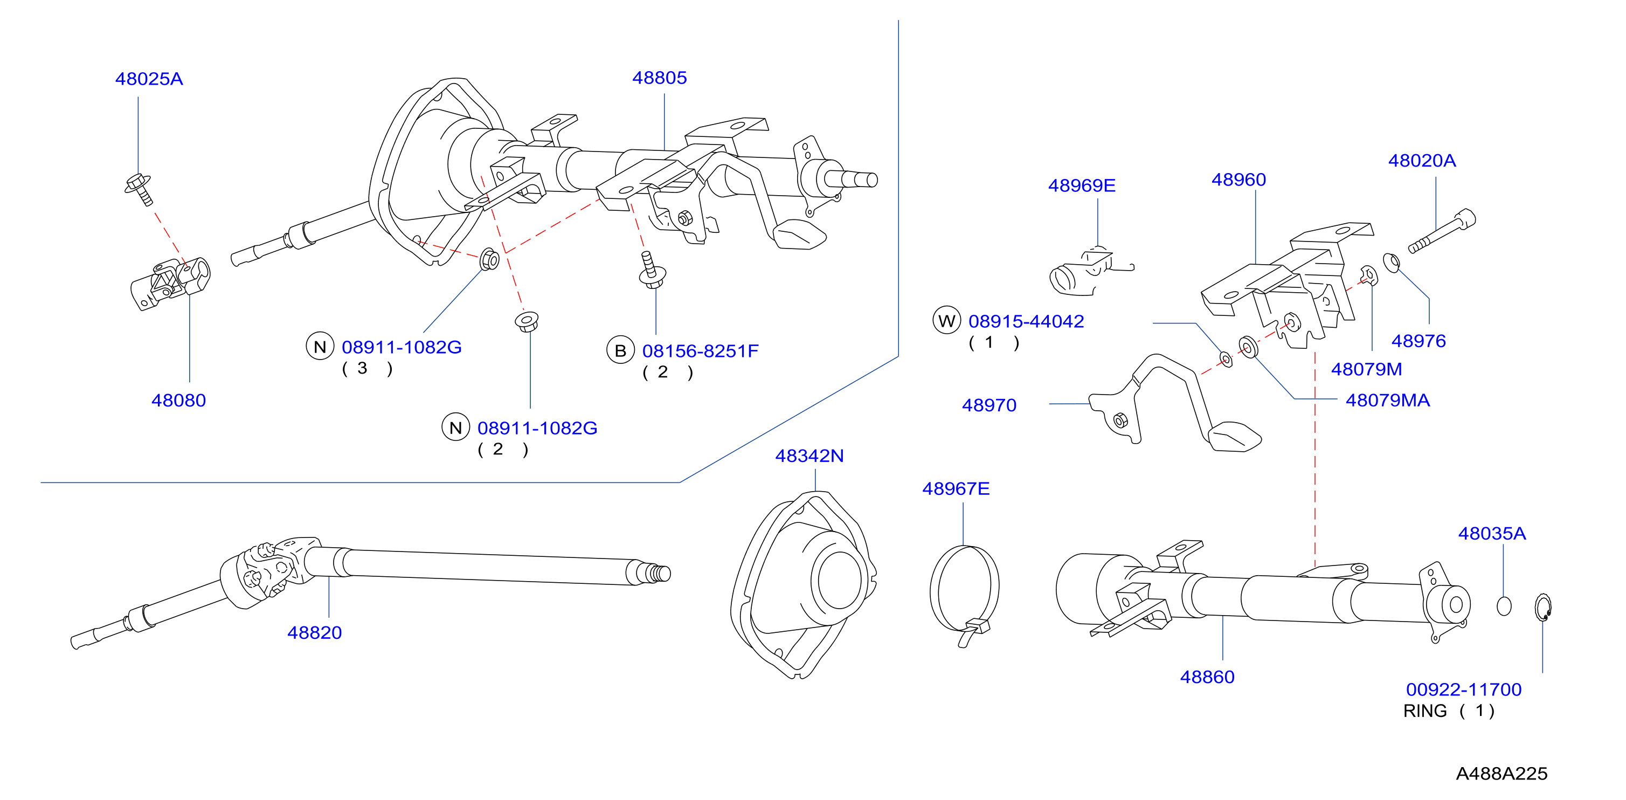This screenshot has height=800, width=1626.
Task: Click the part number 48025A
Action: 149,79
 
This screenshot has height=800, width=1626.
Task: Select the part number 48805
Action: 660,78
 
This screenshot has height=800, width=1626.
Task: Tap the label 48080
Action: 178,401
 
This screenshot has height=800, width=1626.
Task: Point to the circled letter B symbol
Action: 620,350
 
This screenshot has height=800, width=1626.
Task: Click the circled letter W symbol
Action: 947,321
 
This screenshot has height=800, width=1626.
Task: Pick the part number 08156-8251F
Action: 700,351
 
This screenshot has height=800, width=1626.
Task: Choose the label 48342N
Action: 809,456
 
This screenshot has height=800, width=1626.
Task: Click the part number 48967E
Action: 956,489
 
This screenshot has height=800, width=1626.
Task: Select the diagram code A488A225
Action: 1502,774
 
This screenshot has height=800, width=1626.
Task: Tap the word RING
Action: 1424,711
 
